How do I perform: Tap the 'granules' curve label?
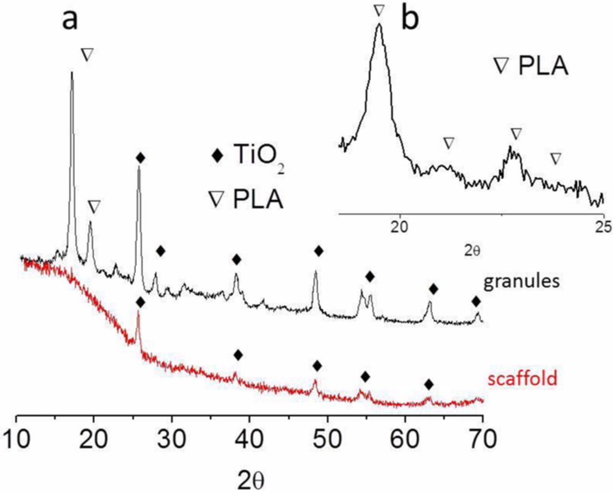pyautogui.click(x=521, y=282)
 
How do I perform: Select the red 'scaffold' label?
pyautogui.click(x=522, y=378)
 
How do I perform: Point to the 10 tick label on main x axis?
pyautogui.click(x=17, y=439)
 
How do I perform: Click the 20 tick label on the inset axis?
pyautogui.click(x=399, y=226)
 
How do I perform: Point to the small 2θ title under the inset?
pyautogui.click(x=472, y=250)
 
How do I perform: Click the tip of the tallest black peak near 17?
pyautogui.click(x=72, y=72)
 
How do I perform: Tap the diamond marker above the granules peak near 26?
pyautogui.click(x=140, y=157)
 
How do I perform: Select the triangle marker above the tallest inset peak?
pyautogui.click(x=379, y=10)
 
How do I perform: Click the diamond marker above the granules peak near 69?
pyautogui.click(x=476, y=301)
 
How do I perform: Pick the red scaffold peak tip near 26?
pyautogui.click(x=138, y=312)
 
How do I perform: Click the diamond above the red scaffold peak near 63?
pyautogui.click(x=429, y=384)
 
